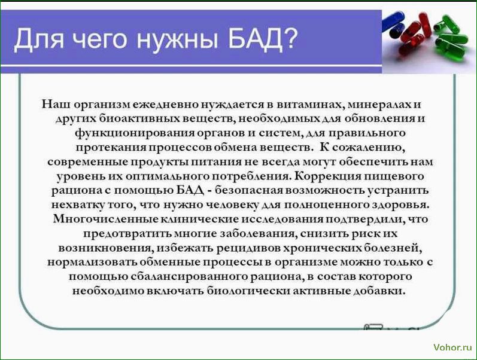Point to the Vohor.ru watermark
click(452, 347)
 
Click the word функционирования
click(135, 133)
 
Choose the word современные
click(87, 161)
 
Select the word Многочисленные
click(105, 219)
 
